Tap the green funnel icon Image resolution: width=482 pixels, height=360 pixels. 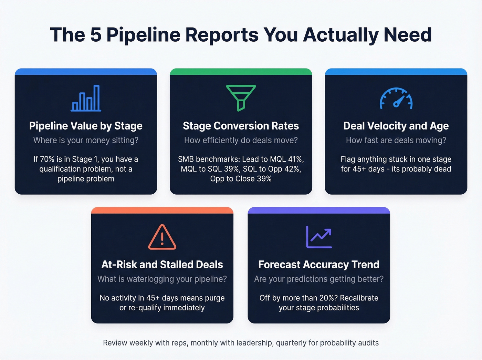click(x=241, y=97)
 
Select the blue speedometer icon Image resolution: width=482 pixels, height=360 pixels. click(x=396, y=99)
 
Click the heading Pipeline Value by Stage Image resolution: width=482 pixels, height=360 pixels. click(x=86, y=126)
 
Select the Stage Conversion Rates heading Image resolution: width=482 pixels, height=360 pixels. click(x=241, y=126)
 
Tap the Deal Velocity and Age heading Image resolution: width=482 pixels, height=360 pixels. click(x=396, y=126)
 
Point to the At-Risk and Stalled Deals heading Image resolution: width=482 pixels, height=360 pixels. click(x=162, y=265)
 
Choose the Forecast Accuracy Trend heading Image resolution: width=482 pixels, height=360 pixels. click(x=319, y=265)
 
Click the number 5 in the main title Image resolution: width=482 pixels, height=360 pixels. click(x=96, y=35)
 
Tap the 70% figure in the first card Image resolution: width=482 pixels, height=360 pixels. click(x=47, y=159)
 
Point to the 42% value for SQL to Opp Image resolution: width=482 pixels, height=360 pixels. click(x=292, y=169)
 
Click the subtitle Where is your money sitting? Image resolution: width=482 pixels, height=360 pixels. click(x=86, y=141)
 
